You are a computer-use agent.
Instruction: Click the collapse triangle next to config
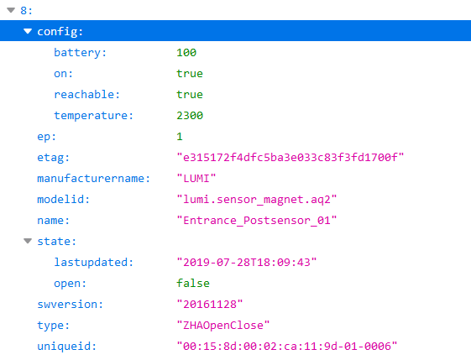28,31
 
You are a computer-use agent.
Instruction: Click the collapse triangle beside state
28,241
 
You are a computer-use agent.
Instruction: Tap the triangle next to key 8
11,10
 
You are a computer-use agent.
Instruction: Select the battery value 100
186,53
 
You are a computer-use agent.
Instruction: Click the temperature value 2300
190,115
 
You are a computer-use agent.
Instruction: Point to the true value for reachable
190,95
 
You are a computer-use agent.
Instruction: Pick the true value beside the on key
190,74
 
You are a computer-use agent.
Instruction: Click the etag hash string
290,157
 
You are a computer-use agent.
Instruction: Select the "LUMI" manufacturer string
196,179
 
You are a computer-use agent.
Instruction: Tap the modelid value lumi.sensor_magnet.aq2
257,200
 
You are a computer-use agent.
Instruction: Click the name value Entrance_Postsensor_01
257,221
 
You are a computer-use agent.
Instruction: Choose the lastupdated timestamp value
247,263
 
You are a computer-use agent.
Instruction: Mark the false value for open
193,283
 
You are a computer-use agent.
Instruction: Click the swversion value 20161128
209,305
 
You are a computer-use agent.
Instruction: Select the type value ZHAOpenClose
222,326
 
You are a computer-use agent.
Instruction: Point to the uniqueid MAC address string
287,347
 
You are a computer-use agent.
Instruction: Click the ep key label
46,137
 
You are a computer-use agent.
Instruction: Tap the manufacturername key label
93,179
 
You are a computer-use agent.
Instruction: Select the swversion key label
70,305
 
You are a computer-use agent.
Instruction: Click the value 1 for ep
180,136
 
